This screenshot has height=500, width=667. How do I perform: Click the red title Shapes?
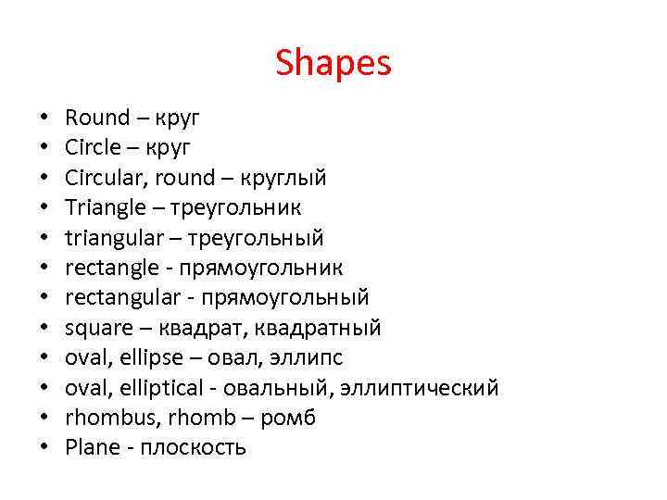(333, 64)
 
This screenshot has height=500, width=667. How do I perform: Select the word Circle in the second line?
(92, 146)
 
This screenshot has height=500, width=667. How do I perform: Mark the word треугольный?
(257, 238)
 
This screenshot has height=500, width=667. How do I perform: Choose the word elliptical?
(152, 387)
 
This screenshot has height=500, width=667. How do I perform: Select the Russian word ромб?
(288, 418)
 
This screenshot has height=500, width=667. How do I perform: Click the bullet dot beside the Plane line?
(44, 448)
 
